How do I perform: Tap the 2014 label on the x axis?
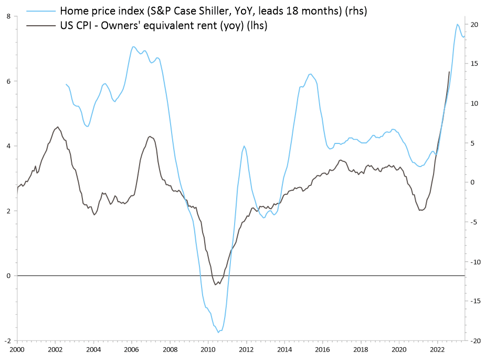[x=284, y=349]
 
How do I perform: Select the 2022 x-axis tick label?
[x=438, y=349]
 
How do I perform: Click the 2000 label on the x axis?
[x=17, y=349]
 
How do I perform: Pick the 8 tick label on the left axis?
[x=8, y=16]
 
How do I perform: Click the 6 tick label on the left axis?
[x=8, y=81]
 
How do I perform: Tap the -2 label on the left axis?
[x=7, y=340]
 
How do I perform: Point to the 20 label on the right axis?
[x=474, y=24]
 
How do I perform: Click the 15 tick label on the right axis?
[x=474, y=64]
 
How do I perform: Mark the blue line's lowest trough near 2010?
[x=218, y=332]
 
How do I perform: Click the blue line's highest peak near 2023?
[x=457, y=24]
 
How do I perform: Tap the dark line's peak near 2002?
[x=57, y=127]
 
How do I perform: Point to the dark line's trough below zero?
[x=216, y=285]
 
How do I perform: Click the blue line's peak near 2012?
[x=244, y=146]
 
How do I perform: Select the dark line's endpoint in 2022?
[x=449, y=71]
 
